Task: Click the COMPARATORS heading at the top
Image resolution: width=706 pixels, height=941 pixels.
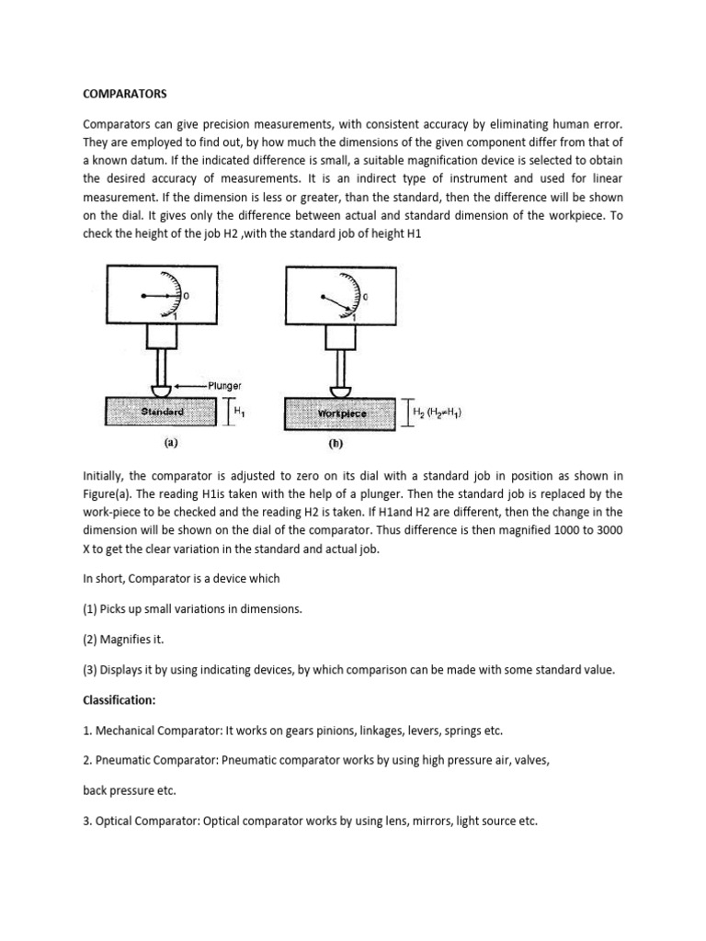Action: click(125, 93)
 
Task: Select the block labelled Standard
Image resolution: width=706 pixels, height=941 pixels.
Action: click(164, 414)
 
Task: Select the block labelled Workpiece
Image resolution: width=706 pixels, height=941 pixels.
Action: click(342, 414)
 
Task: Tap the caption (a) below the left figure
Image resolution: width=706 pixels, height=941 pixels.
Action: click(170, 442)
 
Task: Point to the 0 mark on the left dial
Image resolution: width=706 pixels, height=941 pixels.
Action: click(188, 297)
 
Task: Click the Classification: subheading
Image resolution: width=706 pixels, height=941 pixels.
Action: click(120, 699)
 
